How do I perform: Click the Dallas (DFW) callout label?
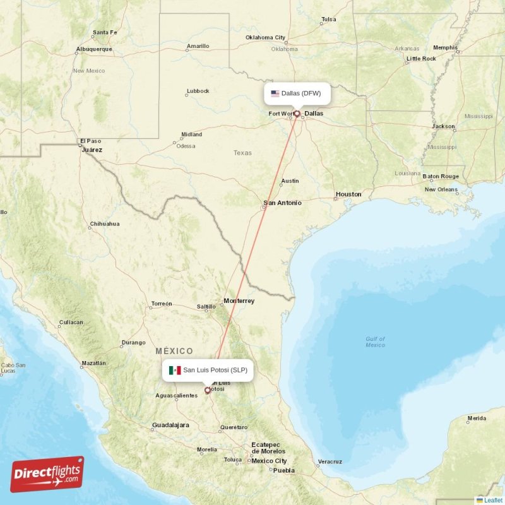tap(297, 93)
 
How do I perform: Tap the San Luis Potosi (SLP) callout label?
tap(208, 370)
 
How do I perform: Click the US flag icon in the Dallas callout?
tap(275, 93)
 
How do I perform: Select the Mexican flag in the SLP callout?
tap(175, 370)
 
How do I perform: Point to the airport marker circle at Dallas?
tap(297, 114)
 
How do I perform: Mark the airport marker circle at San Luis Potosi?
tap(207, 390)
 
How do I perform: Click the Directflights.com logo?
tap(47, 474)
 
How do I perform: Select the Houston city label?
tap(348, 194)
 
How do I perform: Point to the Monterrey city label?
tap(239, 301)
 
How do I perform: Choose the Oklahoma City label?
tap(265, 38)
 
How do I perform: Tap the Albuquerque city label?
tap(93, 49)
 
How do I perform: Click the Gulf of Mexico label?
tap(375, 342)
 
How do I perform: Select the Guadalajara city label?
tap(170, 425)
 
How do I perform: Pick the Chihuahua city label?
tap(105, 224)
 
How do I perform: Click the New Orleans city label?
tap(441, 189)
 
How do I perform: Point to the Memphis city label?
tap(445, 47)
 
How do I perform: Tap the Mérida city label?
tap(477, 419)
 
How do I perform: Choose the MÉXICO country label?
tap(174, 351)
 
